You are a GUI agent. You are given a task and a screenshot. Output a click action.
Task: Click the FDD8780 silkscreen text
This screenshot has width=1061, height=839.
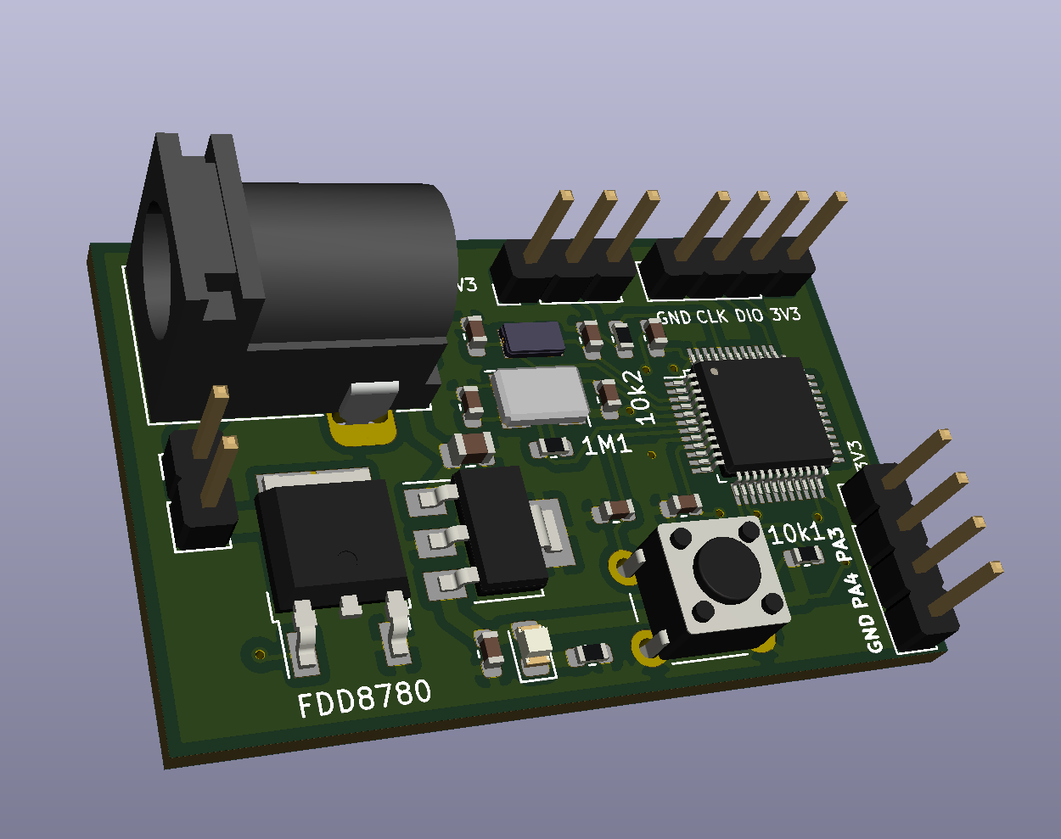365,698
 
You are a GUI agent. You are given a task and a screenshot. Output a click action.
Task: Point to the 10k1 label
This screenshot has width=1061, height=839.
796,533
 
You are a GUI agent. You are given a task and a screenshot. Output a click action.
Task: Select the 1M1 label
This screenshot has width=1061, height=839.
607,444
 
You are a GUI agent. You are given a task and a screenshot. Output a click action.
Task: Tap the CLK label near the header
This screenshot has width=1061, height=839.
712,317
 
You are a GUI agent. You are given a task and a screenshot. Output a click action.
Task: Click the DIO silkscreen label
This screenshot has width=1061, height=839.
749,316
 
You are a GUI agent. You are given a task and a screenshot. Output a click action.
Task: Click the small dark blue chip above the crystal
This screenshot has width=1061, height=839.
532,338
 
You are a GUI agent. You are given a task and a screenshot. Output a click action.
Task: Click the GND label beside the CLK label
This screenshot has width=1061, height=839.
674,318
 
